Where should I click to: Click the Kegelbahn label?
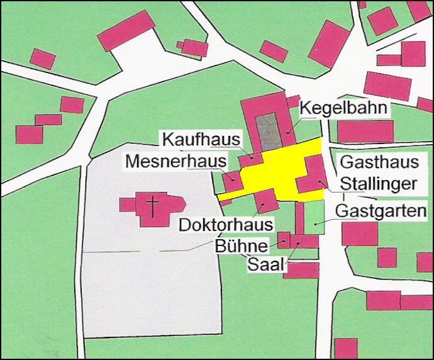point(343,108)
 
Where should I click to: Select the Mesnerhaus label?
point(175,161)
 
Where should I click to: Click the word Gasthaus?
point(379,162)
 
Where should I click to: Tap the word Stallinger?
point(379,184)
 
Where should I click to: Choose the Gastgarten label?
point(381,210)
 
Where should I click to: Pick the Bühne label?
point(242,245)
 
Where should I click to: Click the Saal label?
point(264,264)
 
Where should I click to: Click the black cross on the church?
point(152,205)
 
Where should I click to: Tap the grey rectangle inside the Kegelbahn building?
point(269,132)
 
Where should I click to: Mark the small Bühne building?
point(284,240)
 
